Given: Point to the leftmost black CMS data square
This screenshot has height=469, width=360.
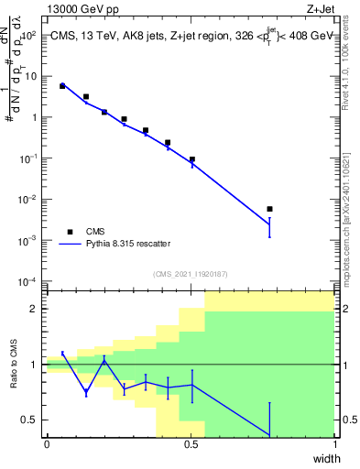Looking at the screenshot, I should click(x=62, y=86).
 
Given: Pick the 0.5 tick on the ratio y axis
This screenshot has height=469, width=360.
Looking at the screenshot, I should click(x=31, y=420).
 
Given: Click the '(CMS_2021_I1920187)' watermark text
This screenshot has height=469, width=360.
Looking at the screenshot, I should click(x=190, y=274).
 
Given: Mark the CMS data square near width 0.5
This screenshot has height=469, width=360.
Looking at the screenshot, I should click(x=191, y=159).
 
